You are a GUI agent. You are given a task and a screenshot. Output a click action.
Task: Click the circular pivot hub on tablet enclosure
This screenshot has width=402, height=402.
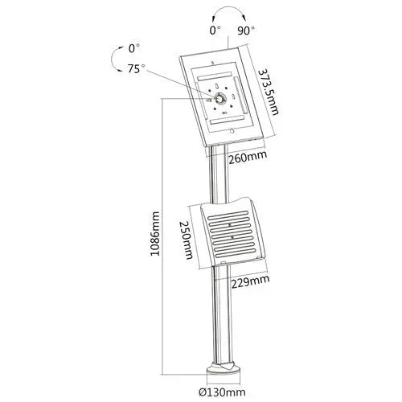pyautogui.click(x=219, y=97)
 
